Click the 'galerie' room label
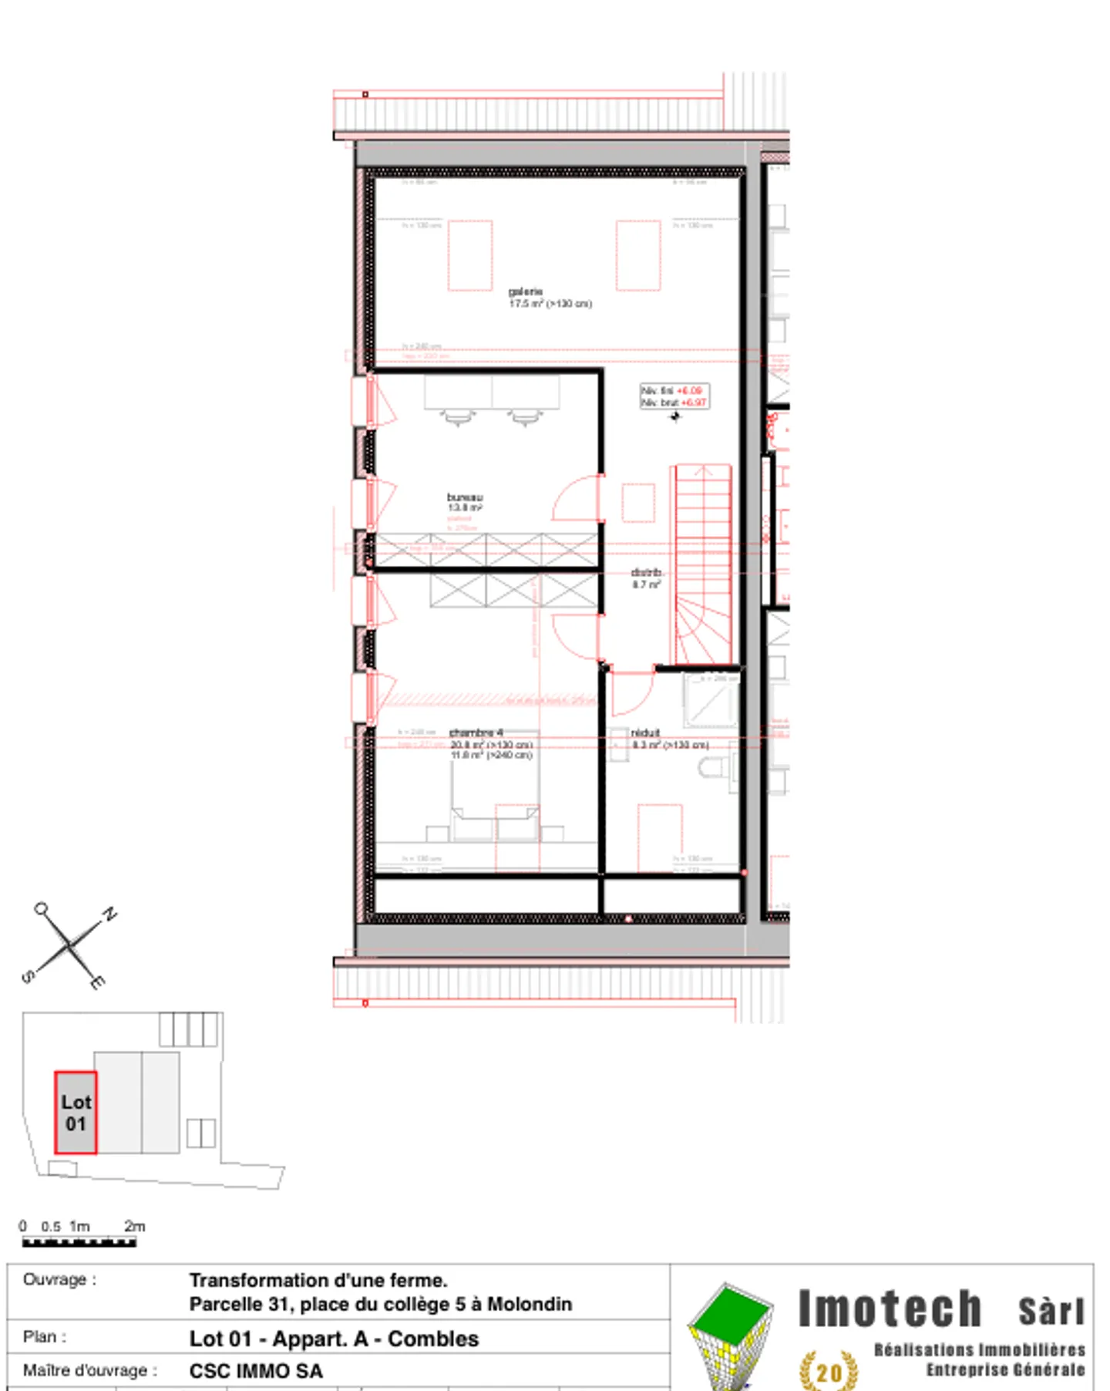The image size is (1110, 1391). point(525,291)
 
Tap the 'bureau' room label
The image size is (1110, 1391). point(465,497)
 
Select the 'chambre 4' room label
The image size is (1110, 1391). point(476,733)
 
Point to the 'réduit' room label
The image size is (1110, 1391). point(645,733)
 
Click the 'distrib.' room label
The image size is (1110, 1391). point(647,573)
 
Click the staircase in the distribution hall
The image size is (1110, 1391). point(703,563)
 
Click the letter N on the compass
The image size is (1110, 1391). point(110,914)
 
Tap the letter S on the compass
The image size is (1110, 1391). point(28,977)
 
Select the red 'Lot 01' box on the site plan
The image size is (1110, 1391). point(76,1113)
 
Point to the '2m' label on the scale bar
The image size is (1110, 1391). point(135,1226)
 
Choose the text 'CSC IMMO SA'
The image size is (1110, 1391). point(256,1371)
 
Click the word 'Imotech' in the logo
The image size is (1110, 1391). point(890,1309)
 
